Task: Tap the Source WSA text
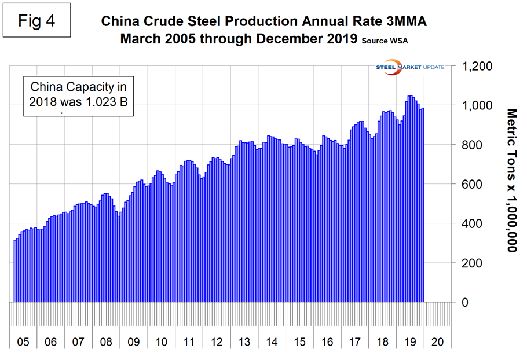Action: (387, 42)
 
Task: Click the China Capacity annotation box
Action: (78, 97)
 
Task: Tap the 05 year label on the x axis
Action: (23, 342)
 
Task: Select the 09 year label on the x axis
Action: (134, 342)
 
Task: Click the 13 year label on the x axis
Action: (244, 342)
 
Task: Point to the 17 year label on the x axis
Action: (355, 342)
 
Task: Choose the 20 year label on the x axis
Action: (438, 342)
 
